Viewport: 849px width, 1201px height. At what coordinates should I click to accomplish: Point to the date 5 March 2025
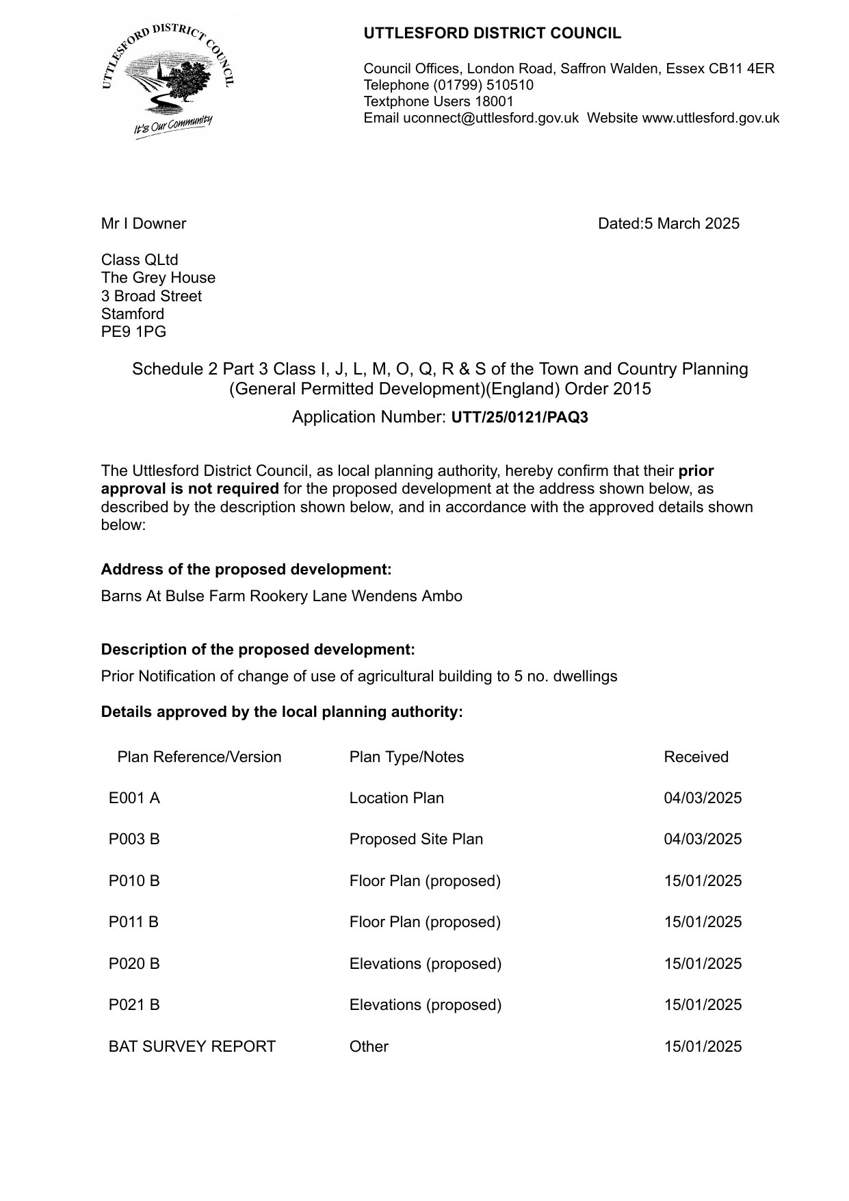(x=691, y=223)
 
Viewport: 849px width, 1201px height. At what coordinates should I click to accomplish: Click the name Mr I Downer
(x=144, y=223)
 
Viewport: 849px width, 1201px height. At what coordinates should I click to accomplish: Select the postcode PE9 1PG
(x=133, y=331)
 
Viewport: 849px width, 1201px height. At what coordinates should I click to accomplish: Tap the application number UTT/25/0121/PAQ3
(x=519, y=418)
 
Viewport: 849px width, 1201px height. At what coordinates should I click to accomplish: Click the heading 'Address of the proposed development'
(x=246, y=570)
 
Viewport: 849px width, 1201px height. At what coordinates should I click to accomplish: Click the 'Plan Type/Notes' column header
(x=406, y=757)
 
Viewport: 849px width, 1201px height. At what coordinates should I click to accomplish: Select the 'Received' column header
(x=696, y=757)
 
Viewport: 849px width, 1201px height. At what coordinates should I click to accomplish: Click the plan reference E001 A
(x=134, y=798)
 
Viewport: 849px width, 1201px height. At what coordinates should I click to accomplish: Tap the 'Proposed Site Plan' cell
(x=416, y=839)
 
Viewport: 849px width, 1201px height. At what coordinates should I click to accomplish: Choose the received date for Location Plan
(x=703, y=798)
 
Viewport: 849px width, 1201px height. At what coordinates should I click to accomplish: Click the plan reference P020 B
(x=134, y=963)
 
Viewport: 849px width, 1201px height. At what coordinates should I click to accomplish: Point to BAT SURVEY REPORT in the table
(x=192, y=1046)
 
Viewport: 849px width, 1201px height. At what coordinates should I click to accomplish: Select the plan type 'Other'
(x=369, y=1046)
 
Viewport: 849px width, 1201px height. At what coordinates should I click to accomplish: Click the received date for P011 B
(x=703, y=922)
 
